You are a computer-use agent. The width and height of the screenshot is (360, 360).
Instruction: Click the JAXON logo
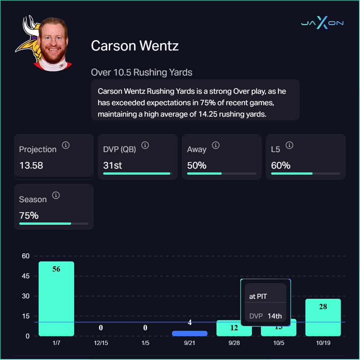coord(322,23)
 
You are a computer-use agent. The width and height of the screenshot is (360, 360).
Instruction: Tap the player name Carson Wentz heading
coord(135,46)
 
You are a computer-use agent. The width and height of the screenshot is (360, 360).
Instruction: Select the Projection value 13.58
coord(31,166)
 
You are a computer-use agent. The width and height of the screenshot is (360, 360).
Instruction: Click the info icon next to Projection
coord(65,145)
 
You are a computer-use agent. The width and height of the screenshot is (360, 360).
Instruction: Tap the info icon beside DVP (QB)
coord(145,145)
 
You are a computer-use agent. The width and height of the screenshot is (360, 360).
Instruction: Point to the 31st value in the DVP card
coord(113,166)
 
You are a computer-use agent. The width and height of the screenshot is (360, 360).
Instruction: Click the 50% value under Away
coord(197,166)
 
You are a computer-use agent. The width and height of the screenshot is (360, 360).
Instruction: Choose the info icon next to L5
coord(290,145)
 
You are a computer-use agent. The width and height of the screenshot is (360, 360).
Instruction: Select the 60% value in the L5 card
coord(281,166)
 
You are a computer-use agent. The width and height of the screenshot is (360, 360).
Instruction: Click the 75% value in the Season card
coord(29,216)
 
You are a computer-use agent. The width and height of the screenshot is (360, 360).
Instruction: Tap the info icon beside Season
coord(56,195)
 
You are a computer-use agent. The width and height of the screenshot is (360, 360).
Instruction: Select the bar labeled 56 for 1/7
coord(56,299)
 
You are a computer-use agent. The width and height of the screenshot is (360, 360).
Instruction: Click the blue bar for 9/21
coord(190,334)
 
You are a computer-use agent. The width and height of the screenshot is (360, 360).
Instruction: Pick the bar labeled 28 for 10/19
coord(323,317)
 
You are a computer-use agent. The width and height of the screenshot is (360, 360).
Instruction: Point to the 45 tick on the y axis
coord(25,276)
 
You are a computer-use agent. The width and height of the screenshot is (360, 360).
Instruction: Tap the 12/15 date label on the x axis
coord(101,343)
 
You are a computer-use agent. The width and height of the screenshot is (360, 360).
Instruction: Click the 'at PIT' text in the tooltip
coord(258,297)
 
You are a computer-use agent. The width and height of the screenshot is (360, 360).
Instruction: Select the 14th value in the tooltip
coord(275,316)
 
